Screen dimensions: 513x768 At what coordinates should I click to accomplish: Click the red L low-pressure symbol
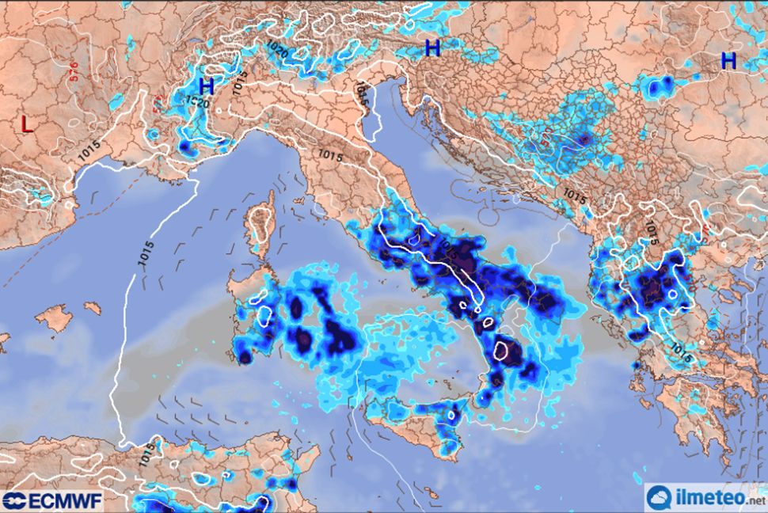coord(27,124)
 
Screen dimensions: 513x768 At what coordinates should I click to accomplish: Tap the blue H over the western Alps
coord(207,86)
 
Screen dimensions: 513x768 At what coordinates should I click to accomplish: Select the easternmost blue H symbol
coord(728,60)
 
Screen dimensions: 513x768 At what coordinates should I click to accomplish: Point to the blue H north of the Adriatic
coord(432,48)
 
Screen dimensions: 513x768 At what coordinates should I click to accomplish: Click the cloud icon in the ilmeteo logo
coord(660,497)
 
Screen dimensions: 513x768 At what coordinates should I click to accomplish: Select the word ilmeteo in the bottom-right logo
coord(708,499)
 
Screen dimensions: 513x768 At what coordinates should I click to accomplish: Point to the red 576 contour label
coord(74,74)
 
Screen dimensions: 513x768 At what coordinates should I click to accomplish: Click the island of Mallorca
coord(54,318)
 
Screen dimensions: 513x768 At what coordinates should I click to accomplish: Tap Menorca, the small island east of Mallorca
coord(93,307)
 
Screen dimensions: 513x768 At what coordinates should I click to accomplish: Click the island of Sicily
coord(412,427)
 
